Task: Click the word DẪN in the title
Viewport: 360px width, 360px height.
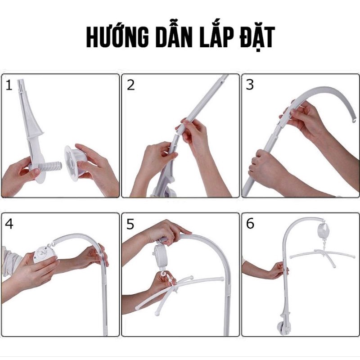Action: (175, 39)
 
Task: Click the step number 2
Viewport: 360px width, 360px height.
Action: (130, 85)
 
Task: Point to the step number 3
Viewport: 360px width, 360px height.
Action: (250, 85)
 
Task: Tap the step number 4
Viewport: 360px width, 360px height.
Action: (9, 224)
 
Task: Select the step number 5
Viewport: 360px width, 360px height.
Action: (130, 224)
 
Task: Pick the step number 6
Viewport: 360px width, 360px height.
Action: (250, 224)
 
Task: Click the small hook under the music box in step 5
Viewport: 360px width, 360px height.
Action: (162, 275)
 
